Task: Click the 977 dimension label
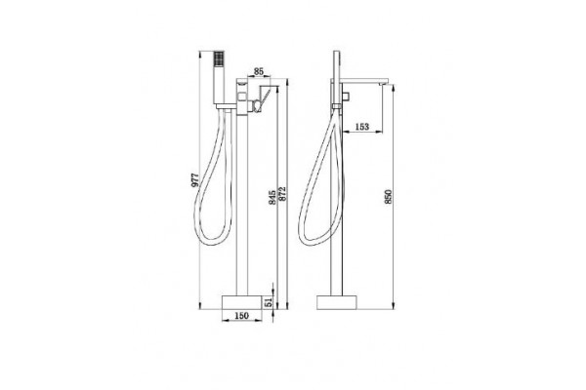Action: click(x=194, y=179)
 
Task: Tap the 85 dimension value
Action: click(x=259, y=71)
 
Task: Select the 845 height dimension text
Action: click(x=272, y=197)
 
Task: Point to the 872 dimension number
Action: click(x=282, y=194)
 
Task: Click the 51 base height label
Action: click(x=269, y=302)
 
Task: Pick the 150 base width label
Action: click(x=241, y=316)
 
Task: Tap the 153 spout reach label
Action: click(x=361, y=127)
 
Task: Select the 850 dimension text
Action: click(x=389, y=197)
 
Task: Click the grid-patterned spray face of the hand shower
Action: click(x=218, y=59)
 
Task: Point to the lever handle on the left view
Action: click(x=264, y=97)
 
